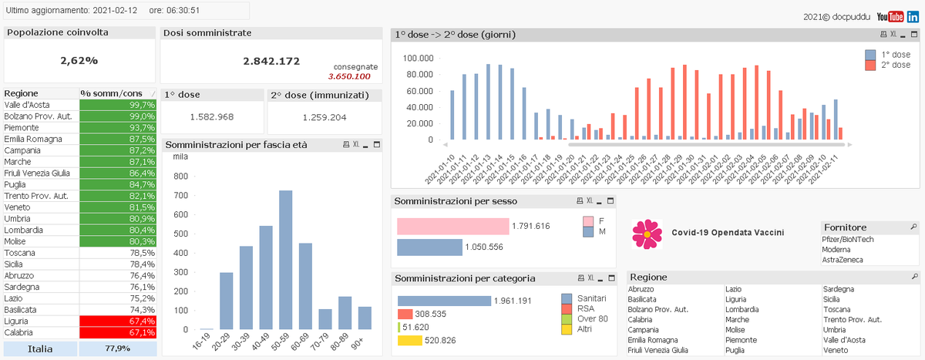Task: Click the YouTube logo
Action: point(895,16)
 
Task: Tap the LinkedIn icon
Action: point(913,16)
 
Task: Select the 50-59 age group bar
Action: point(285,260)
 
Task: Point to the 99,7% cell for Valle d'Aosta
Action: point(118,104)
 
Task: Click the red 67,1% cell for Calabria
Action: point(118,332)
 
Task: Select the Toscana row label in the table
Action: point(19,252)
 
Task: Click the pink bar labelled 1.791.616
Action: point(452,226)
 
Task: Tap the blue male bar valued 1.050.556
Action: point(429,247)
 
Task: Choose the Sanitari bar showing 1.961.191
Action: point(443,301)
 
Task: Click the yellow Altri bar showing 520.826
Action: point(409,340)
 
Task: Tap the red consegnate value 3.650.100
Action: point(349,76)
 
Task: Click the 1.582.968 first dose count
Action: point(211,116)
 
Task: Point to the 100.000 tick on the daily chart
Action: point(419,58)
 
